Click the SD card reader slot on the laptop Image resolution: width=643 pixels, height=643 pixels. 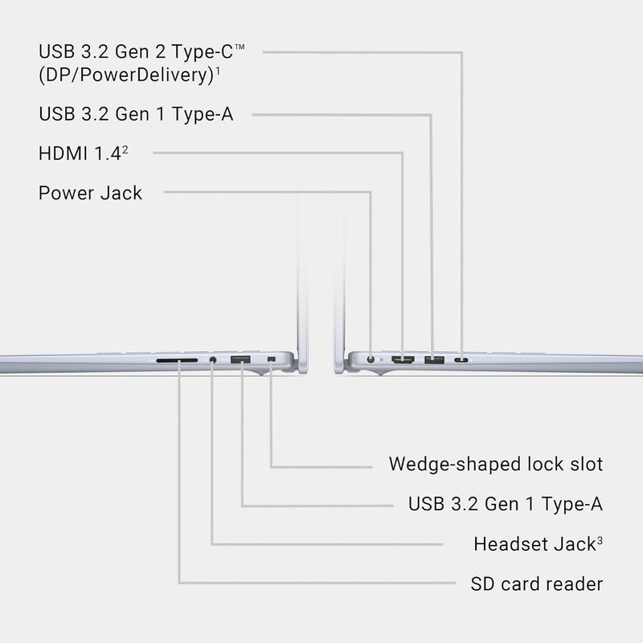coord(177,360)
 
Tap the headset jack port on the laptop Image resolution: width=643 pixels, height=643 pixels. coord(212,360)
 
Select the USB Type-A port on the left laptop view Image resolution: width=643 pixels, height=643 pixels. coord(240,360)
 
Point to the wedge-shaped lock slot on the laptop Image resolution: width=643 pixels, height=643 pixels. coord(271,359)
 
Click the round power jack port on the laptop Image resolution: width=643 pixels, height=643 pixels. coord(371,359)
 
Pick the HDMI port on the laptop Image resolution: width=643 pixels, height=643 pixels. coord(403,360)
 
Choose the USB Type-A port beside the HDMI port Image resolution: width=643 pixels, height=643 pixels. coord(434,360)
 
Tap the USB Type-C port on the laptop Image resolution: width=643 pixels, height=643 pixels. coord(461,360)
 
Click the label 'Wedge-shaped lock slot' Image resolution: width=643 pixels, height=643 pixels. coord(496,465)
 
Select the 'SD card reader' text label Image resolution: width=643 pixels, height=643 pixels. coord(537,584)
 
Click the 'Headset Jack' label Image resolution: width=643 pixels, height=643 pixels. coord(534,544)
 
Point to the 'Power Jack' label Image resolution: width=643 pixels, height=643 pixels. coord(90,193)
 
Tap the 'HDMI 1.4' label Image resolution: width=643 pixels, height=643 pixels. coord(80,154)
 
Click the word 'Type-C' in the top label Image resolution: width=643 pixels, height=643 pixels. coord(203,52)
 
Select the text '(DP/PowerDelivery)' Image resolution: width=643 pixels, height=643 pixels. coord(126,75)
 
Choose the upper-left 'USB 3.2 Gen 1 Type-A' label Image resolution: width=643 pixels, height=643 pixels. coord(136,114)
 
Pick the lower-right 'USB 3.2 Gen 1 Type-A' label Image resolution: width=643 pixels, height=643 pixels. coord(506,504)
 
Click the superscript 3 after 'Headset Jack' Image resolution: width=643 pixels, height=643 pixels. coord(600,541)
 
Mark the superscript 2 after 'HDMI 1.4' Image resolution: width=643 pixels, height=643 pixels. coord(125,150)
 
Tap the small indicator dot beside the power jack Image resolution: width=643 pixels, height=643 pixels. coord(381,359)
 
